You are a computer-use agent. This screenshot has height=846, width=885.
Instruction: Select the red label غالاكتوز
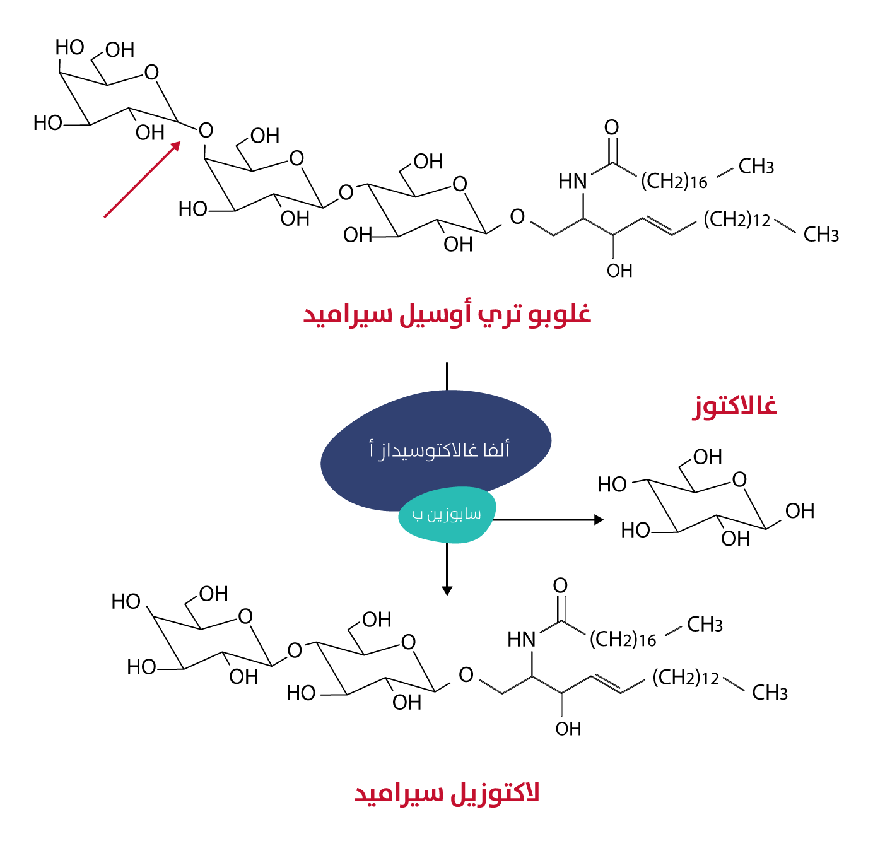pos(735,406)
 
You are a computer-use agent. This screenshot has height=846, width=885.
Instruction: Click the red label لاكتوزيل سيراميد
pos(447,793)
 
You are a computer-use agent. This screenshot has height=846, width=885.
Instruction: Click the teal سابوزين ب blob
pos(447,515)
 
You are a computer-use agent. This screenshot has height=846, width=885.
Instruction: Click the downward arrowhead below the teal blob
pos(447,590)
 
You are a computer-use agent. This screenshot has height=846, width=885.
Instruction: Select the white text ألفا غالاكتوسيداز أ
pos(439,450)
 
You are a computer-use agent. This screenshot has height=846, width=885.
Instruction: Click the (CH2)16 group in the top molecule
pos(674,182)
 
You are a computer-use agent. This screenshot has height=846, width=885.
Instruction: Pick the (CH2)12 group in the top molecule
pos(737,220)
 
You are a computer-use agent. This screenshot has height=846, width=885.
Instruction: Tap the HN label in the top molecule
pos(573,182)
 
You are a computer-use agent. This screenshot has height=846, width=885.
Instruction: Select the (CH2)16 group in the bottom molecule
pos(623,640)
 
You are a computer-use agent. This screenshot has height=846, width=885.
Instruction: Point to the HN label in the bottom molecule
pos(522,640)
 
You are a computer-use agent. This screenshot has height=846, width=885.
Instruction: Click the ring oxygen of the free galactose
pos(739,480)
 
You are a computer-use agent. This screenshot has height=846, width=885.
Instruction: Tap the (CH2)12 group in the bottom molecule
pos(686,678)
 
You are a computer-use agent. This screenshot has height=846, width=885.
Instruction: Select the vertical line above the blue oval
pos(447,376)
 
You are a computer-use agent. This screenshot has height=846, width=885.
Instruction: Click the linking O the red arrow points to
pos(206,131)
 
